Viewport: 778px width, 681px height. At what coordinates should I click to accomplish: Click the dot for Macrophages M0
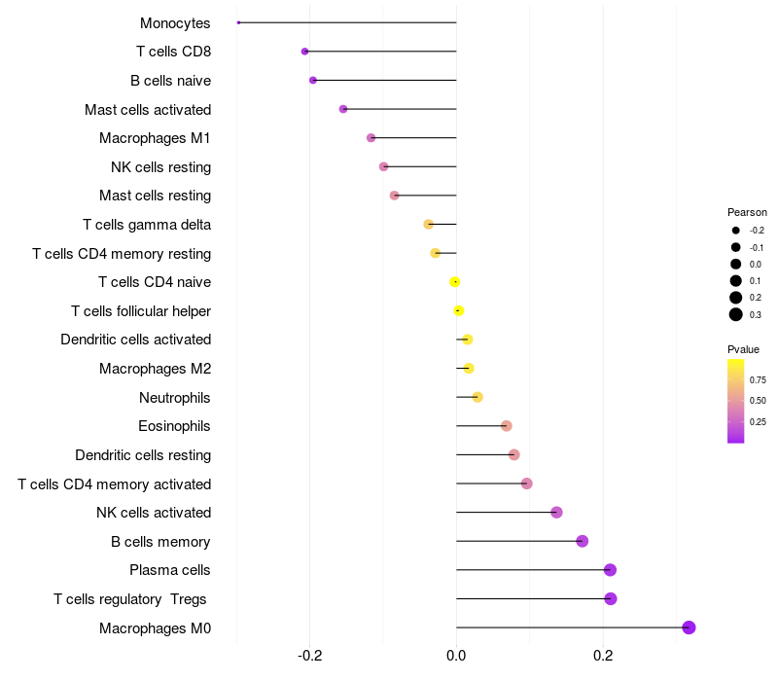[x=689, y=627]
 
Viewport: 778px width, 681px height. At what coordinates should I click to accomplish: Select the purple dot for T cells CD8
[x=305, y=52]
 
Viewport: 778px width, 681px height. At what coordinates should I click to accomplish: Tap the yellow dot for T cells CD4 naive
[x=454, y=282]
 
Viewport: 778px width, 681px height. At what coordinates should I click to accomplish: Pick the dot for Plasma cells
[x=610, y=570]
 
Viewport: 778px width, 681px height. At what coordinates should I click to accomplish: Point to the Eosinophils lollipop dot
[x=506, y=426]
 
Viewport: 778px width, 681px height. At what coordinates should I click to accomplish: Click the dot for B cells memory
[x=582, y=541]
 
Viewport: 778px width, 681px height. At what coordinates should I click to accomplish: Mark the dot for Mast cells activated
[x=343, y=109]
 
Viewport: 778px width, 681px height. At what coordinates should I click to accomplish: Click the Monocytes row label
[x=175, y=23]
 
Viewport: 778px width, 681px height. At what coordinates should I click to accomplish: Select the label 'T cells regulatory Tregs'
[x=130, y=599]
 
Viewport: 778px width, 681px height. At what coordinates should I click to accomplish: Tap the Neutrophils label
[x=175, y=398]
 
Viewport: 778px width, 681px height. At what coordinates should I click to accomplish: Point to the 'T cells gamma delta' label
[x=147, y=225]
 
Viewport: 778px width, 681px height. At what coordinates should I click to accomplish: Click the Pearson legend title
[x=747, y=212]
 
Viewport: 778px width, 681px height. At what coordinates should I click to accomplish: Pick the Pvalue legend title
[x=744, y=349]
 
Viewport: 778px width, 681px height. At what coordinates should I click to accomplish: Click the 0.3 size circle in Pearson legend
[x=736, y=314]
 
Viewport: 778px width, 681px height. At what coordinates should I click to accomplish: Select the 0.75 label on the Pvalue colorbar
[x=758, y=380]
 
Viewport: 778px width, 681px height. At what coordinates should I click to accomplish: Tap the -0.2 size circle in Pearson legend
[x=736, y=231]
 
